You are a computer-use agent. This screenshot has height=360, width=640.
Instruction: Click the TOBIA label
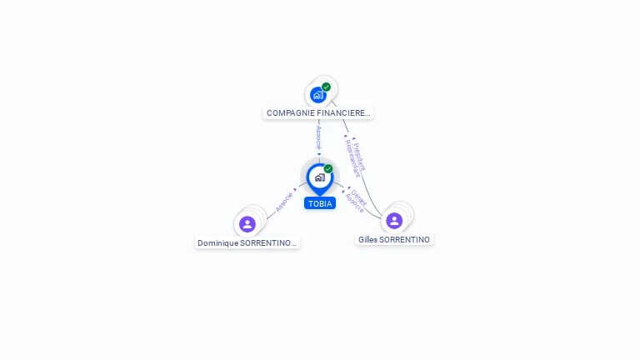pos(320,203)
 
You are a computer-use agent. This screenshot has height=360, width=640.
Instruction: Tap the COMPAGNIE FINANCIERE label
pos(317,112)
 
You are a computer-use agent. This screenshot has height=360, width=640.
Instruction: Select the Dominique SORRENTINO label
pos(247,242)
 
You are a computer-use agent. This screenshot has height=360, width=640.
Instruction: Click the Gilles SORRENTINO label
pos(394,239)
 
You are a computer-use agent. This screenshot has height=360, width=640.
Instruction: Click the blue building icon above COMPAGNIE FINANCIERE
pos(317,95)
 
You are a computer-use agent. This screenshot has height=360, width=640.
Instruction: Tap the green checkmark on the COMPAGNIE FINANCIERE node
pos(326,87)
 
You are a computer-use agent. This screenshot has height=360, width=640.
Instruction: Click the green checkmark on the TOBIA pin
pos(328,168)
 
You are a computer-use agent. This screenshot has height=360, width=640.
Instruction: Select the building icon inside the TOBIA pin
pos(319,177)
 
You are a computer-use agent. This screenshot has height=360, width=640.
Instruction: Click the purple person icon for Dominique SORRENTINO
pos(247,223)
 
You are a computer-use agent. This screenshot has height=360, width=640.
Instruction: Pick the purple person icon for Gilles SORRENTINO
pos(394,220)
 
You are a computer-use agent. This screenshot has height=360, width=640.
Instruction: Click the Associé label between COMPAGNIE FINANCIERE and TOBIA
pos(318,137)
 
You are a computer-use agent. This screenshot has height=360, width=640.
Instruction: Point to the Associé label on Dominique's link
pos(284,201)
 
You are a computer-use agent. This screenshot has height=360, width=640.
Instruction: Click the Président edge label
pos(359,156)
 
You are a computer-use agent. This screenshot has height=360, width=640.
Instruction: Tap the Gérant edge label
pos(359,197)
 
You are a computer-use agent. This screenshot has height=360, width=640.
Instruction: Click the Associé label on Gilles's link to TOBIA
pos(353,202)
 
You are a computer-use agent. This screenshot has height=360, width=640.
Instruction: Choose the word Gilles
pos(367,239)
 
